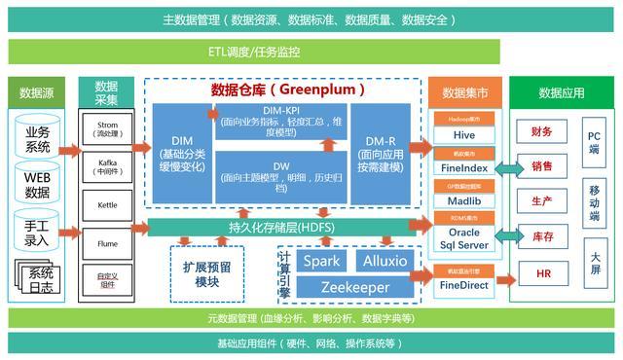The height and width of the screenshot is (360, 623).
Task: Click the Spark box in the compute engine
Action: tap(320, 262)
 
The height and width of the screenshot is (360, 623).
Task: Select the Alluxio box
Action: tap(386, 262)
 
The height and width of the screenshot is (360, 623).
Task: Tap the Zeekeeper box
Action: tap(354, 287)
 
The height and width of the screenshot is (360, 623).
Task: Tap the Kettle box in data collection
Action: tap(107, 206)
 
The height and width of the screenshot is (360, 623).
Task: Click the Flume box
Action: tap(107, 242)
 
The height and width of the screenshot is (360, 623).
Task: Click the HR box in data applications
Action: tap(542, 275)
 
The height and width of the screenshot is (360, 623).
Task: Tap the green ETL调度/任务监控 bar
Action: tap(311, 52)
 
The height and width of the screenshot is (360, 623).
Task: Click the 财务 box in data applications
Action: tap(542, 132)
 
